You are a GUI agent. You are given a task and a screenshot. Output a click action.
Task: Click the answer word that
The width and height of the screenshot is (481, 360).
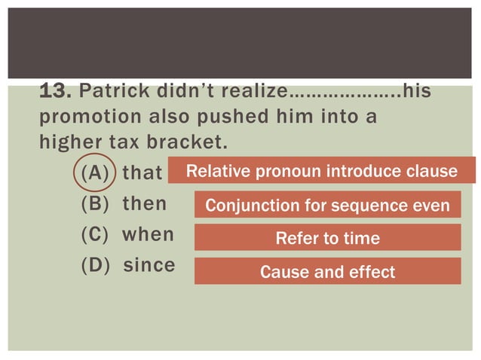(142, 172)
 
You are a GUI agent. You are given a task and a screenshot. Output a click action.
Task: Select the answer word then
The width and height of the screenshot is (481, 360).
(144, 204)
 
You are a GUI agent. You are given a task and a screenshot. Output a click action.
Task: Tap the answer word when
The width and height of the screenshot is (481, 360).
(148, 234)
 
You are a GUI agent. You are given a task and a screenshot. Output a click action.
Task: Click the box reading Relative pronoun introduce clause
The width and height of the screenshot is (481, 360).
(322, 171)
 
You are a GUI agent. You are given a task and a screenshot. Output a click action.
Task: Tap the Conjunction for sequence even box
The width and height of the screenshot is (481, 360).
(327, 206)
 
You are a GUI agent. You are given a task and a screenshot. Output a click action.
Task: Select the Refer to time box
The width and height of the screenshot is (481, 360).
(327, 238)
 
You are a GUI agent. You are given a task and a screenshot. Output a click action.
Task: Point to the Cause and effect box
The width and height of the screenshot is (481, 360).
(327, 271)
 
